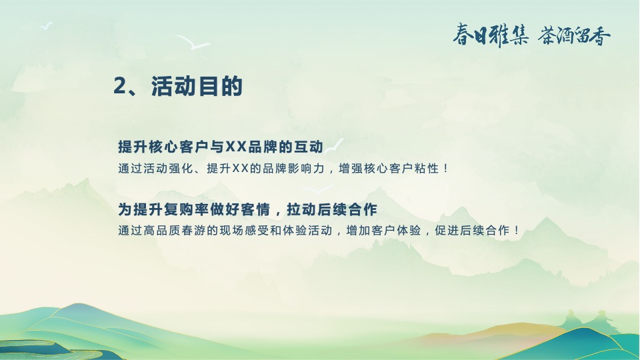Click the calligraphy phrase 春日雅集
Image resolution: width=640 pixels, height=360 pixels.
point(491,35)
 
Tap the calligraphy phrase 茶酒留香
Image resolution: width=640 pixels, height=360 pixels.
point(574,35)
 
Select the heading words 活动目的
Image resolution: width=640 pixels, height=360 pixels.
point(197,87)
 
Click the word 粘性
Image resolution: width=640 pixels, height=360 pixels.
point(428,169)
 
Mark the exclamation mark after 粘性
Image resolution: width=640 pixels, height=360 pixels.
point(446,169)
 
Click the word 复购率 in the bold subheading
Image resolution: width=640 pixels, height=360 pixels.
point(180,210)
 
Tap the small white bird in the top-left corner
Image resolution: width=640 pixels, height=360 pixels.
point(47,26)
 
